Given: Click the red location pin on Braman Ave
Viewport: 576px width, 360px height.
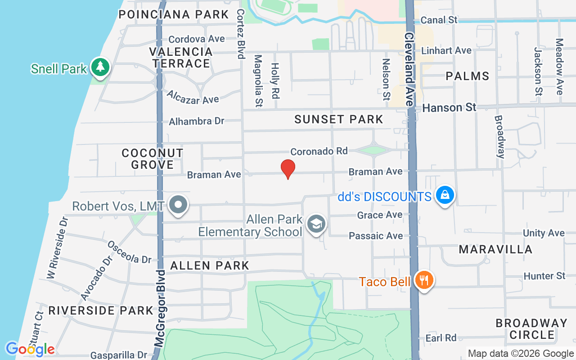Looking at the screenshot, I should pos(288,169).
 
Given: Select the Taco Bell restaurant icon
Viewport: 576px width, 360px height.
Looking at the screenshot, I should pos(424,280).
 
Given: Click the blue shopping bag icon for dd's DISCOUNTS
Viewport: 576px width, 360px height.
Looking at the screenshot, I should pos(445,195).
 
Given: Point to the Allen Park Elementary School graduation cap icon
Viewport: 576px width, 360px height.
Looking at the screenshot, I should pos(316,224).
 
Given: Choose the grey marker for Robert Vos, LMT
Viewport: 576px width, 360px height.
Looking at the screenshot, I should pos(179,205).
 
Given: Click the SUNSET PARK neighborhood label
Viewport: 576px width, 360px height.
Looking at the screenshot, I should pos(338,119).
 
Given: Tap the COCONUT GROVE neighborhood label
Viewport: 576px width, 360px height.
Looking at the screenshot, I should pos(153,159).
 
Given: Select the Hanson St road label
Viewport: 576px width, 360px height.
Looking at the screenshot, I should pos(449,108).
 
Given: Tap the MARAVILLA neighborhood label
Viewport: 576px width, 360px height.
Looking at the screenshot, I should pos(495,249).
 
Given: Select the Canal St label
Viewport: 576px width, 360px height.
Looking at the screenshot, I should pos(439,20).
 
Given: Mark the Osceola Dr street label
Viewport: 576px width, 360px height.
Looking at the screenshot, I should pos(129,252).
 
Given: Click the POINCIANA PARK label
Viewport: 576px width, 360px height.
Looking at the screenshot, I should pos(174,14).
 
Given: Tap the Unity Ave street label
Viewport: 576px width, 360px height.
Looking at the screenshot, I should pos(544,233).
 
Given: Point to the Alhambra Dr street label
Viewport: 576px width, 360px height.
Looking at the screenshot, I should pos(196,121).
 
